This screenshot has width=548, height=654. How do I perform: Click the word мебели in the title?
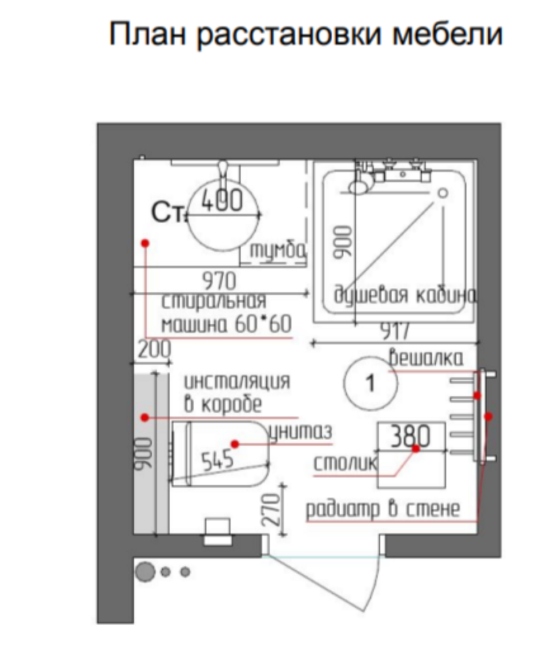(447, 34)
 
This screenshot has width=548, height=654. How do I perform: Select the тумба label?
(278, 250)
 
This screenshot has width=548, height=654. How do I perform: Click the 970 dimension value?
(219, 281)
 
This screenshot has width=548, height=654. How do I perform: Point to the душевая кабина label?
(405, 296)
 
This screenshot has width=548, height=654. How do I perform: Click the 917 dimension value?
(396, 332)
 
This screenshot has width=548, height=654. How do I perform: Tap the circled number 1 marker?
(370, 383)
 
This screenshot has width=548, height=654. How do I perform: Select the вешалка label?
(426, 358)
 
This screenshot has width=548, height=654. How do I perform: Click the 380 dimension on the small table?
(410, 436)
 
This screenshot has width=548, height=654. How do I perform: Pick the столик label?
(346, 463)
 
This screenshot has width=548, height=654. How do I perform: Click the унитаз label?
(301, 432)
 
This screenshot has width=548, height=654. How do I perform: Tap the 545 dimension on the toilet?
(217, 460)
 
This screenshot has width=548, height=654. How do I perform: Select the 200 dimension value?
(154, 349)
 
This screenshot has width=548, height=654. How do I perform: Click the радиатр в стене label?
(383, 509)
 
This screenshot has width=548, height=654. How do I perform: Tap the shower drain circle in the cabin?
(443, 193)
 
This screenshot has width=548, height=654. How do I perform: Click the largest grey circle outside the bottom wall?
(145, 572)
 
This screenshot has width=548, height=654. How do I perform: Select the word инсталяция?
(237, 381)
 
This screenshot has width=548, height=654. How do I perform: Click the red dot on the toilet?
(235, 444)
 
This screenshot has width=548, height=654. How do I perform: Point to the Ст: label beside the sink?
(168, 213)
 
